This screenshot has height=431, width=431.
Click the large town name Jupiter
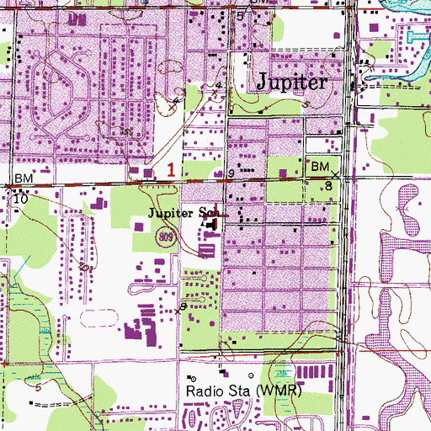tap(290, 82)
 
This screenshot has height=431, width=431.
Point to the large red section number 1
tap(171, 169)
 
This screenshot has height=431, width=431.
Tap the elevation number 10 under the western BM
tap(20, 200)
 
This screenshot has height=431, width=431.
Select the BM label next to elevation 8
tap(320, 168)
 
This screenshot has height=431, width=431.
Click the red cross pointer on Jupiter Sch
tap(221, 214)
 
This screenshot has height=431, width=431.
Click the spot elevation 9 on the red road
tap(231, 173)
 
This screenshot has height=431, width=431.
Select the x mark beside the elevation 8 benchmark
tap(336, 174)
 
